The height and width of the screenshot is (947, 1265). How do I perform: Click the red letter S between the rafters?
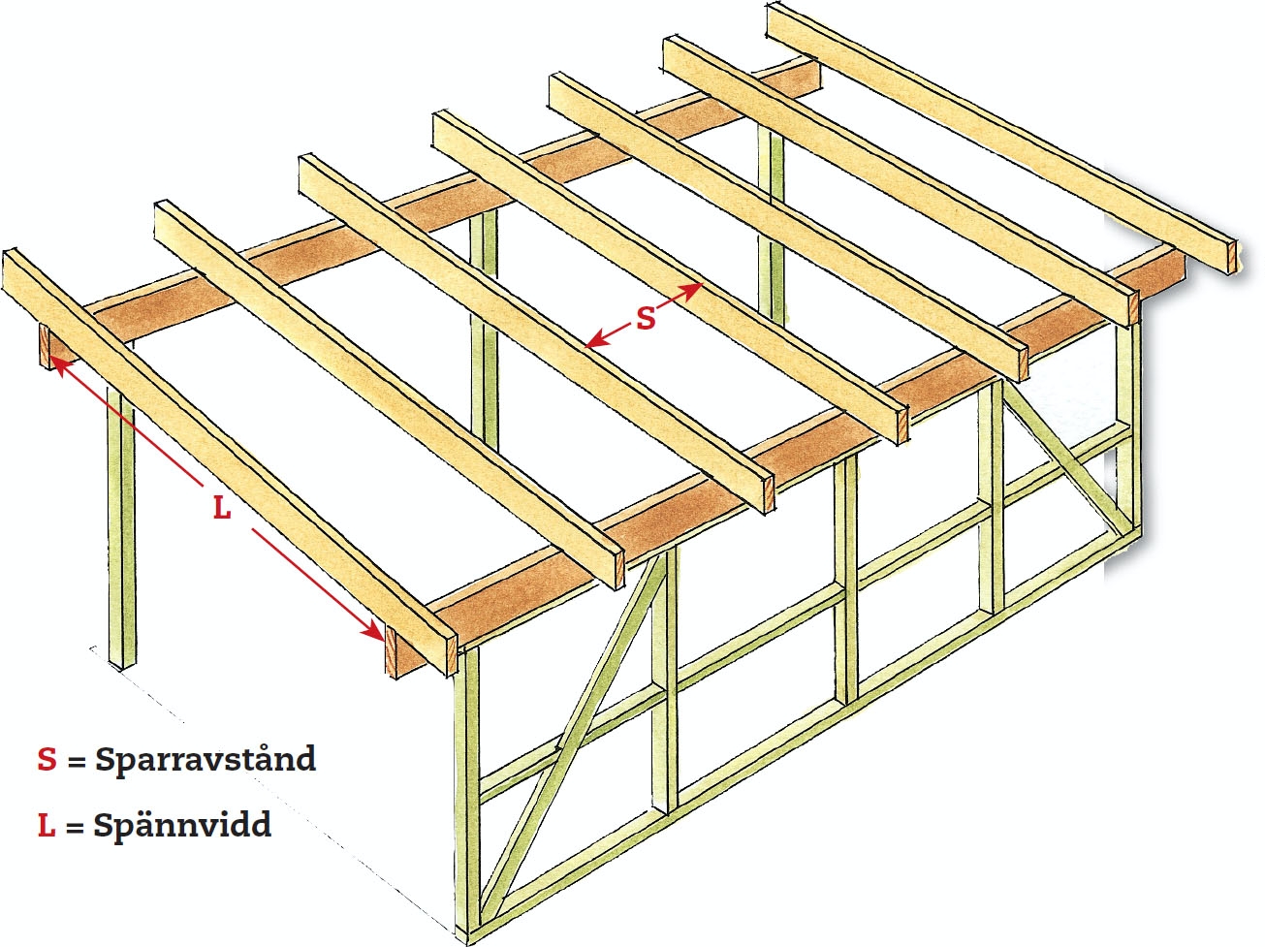646,317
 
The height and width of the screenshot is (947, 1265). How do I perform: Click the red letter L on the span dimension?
222,507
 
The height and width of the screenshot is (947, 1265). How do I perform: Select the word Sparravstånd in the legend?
206,759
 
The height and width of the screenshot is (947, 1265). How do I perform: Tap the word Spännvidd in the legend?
182,826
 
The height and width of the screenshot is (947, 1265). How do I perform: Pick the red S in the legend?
47,759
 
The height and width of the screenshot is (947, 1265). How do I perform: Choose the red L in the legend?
47,826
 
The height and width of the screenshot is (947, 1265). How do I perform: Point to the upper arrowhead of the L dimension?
54,363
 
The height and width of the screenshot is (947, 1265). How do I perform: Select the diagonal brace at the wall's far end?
1061,456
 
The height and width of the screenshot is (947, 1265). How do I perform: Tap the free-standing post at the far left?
122,533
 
